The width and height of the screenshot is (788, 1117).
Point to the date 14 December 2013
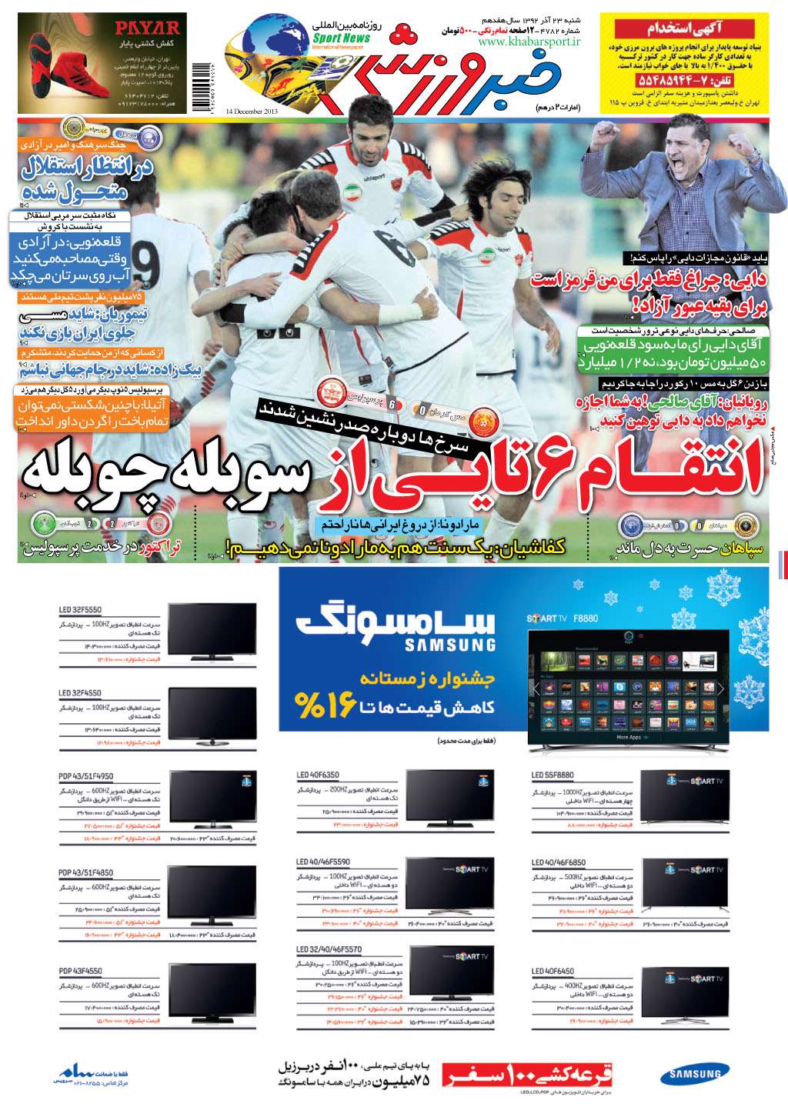(x=252, y=111)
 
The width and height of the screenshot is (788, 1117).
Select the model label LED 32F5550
(x=80, y=610)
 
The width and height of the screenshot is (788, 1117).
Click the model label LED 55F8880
(x=553, y=775)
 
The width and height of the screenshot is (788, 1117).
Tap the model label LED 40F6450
(x=553, y=972)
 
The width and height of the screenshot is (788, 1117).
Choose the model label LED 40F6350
(x=318, y=775)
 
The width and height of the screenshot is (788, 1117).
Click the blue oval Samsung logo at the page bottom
(x=694, y=1075)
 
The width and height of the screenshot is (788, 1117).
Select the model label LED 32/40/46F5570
(x=329, y=949)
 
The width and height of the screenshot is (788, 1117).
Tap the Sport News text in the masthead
(x=341, y=38)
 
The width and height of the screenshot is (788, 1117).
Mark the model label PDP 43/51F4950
(x=85, y=776)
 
